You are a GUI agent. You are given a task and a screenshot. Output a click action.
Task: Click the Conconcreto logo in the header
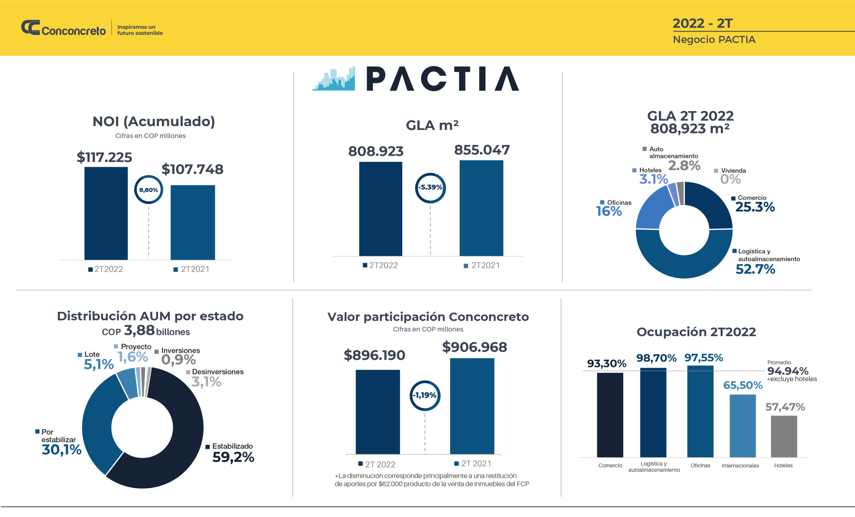click(63, 28)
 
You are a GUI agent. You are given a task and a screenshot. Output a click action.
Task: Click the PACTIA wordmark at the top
click(442, 79)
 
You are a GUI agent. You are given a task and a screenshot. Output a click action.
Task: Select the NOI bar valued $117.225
click(106, 213)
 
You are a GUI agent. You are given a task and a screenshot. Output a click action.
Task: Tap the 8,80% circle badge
click(149, 190)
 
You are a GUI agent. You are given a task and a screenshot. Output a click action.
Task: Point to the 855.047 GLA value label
click(482, 150)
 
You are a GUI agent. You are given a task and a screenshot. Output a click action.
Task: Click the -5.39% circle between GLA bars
click(430, 188)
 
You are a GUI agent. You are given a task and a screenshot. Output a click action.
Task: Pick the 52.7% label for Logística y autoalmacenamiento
click(755, 269)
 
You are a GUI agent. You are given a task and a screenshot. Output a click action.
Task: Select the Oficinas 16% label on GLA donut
click(609, 211)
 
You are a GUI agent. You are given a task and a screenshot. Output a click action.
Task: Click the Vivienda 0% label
click(730, 179)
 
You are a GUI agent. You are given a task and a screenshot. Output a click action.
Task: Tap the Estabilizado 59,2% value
click(233, 457)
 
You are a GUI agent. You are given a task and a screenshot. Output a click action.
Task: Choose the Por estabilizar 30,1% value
click(61, 450)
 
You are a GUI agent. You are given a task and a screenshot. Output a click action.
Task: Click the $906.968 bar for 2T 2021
click(472, 406)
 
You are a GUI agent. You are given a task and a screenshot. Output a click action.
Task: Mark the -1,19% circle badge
click(425, 395)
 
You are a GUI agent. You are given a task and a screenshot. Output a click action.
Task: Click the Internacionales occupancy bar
click(742, 426)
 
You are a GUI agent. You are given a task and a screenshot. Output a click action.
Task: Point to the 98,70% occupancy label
click(656, 358)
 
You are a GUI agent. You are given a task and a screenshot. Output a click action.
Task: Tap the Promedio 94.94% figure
click(788, 371)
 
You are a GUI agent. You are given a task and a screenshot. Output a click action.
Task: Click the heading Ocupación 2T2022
click(696, 332)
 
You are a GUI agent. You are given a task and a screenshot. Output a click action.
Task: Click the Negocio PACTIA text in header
click(714, 39)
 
